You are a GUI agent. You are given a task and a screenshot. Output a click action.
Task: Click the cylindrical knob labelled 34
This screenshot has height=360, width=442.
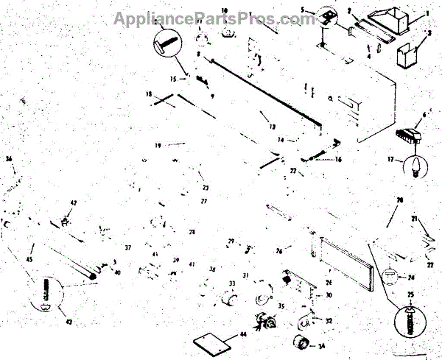tap(300, 343)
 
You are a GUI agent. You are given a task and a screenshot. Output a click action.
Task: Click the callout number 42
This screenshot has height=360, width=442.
tap(73, 202)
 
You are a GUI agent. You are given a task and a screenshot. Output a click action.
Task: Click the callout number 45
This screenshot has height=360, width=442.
tap(29, 258)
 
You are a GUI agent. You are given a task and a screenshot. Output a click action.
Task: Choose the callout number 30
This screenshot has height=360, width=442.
tap(329, 294)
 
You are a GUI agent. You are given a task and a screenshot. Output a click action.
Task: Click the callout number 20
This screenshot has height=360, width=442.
tap(400, 200)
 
